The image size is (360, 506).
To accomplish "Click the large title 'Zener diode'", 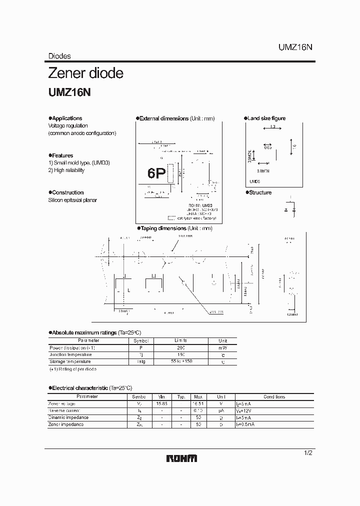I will tap(85, 73).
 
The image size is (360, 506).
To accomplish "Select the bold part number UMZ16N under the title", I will tap(68, 93).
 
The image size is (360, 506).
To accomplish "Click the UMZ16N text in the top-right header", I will tap(295, 47).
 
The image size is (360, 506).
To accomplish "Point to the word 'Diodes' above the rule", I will tap(59, 56).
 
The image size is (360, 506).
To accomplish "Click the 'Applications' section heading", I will tap(66, 118).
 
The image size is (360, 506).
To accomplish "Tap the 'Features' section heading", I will tap(62, 155).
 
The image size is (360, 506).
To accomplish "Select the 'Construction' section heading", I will tap(67, 192).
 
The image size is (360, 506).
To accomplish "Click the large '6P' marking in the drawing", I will tap(156, 173).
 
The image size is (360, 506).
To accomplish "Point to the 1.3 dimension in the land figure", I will tap(272, 127).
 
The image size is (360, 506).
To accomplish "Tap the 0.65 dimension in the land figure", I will tap(268, 147).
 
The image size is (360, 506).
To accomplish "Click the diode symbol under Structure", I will tap(292, 209).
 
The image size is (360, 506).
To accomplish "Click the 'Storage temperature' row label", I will tap(70, 361).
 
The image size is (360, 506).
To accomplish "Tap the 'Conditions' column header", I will tap(274, 396).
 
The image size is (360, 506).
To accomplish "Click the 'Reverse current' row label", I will tap(65, 410).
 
